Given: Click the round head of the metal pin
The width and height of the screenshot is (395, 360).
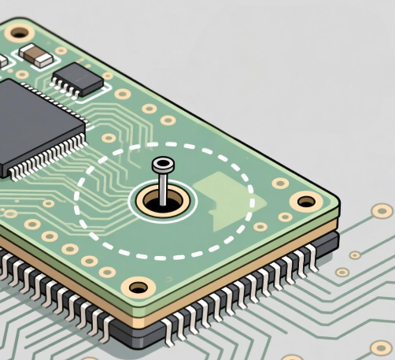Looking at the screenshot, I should pyautogui.click(x=163, y=165).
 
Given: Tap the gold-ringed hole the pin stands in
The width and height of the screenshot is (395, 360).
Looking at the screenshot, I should pyautogui.click(x=161, y=202).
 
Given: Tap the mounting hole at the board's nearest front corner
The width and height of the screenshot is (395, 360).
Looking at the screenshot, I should pyautogui.click(x=139, y=286).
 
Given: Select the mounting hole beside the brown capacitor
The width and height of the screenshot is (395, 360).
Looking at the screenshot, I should pyautogui.click(x=17, y=33).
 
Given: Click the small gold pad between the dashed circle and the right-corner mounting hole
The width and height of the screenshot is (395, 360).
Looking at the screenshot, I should pyautogui.click(x=279, y=183).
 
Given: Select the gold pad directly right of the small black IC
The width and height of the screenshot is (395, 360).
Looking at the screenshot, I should pyautogui.click(x=122, y=94).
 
